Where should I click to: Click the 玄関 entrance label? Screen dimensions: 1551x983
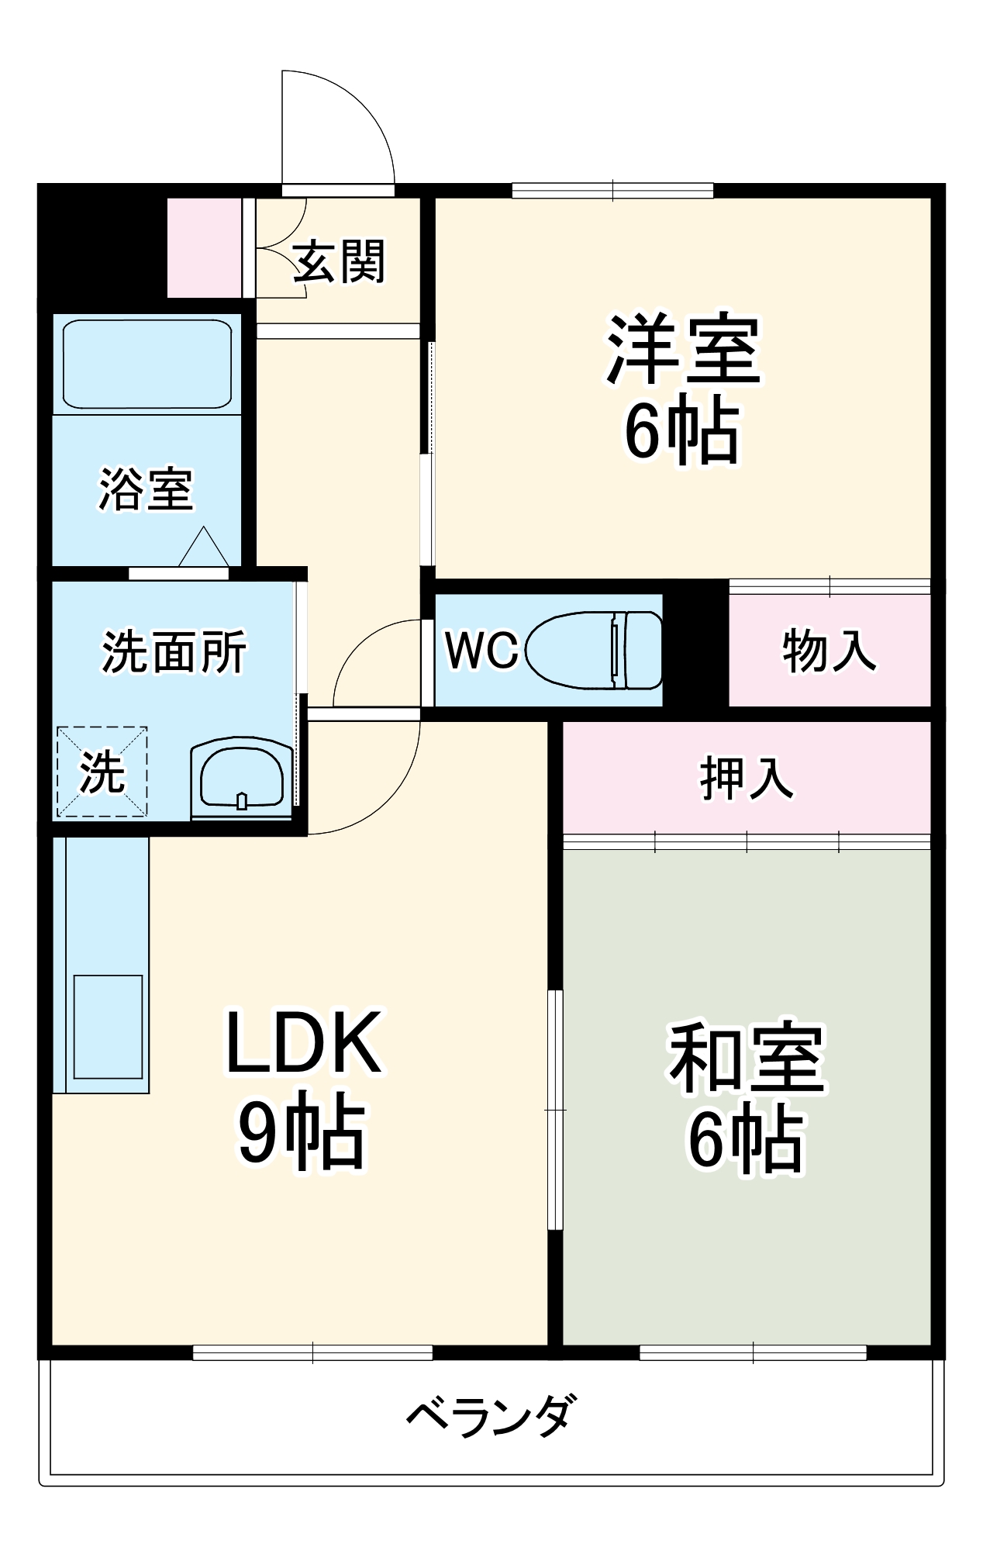[x=339, y=261]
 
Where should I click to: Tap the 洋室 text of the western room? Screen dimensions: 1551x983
[x=683, y=349]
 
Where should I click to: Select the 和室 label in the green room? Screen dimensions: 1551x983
[x=747, y=1059]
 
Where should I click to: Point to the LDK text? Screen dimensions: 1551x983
[x=303, y=1043]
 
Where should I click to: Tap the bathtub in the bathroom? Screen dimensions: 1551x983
[x=147, y=363]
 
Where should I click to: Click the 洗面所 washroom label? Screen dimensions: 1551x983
[x=174, y=651]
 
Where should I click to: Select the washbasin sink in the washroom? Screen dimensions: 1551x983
[x=241, y=778]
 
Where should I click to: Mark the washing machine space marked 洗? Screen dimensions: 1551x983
[x=102, y=772]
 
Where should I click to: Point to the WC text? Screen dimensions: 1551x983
[x=481, y=650]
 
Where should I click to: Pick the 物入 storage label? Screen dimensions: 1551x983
[x=829, y=650]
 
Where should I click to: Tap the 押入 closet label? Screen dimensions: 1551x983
[x=747, y=778]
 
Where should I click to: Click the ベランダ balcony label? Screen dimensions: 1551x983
[x=491, y=1413]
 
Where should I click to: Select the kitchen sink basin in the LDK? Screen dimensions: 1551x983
[x=108, y=1026]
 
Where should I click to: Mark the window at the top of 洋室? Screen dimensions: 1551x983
[x=612, y=190]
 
